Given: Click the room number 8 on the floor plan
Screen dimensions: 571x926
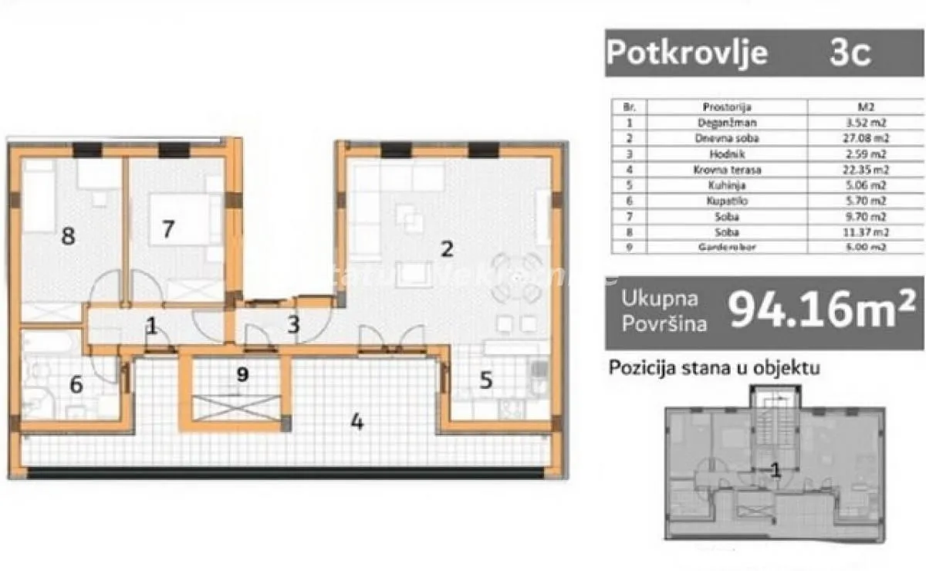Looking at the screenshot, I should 69,235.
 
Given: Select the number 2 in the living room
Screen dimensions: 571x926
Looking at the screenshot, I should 446,248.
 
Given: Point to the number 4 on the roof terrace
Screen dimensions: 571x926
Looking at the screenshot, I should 357,422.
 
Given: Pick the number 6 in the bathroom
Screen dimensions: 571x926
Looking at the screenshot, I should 76,383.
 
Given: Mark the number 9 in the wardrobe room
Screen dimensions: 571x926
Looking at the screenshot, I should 242,374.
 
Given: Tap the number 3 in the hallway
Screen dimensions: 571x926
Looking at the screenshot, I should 293,325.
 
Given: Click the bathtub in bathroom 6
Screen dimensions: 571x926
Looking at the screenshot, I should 51,342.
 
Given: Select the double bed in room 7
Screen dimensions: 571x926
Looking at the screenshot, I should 181,219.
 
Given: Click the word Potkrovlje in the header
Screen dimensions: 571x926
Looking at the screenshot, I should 687,53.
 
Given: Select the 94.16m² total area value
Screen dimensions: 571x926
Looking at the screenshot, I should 822,309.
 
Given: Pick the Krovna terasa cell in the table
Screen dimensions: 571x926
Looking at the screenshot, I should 727,170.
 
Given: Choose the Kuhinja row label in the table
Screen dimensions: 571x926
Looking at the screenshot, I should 727,185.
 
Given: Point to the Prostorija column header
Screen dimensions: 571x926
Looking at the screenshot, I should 727,107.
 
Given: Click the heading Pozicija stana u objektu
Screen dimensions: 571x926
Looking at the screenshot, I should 715,368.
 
